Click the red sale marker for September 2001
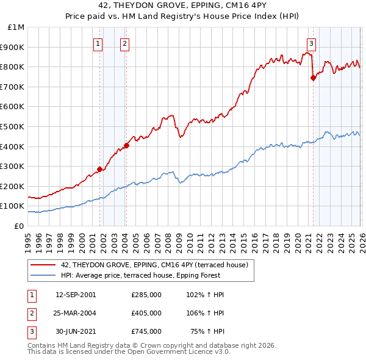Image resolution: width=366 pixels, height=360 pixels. [99, 169]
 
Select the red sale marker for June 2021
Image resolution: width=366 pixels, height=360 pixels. [313, 77]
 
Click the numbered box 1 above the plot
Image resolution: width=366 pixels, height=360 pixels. [98, 43]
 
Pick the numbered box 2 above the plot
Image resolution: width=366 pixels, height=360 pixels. [124, 43]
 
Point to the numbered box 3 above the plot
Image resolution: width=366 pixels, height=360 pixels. [311, 43]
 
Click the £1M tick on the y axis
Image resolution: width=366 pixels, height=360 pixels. [16, 27]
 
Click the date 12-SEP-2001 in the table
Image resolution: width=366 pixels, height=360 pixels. [76, 295]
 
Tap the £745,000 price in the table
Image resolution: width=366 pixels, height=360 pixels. [146, 331]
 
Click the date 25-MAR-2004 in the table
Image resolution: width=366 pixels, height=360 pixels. [76, 313]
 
